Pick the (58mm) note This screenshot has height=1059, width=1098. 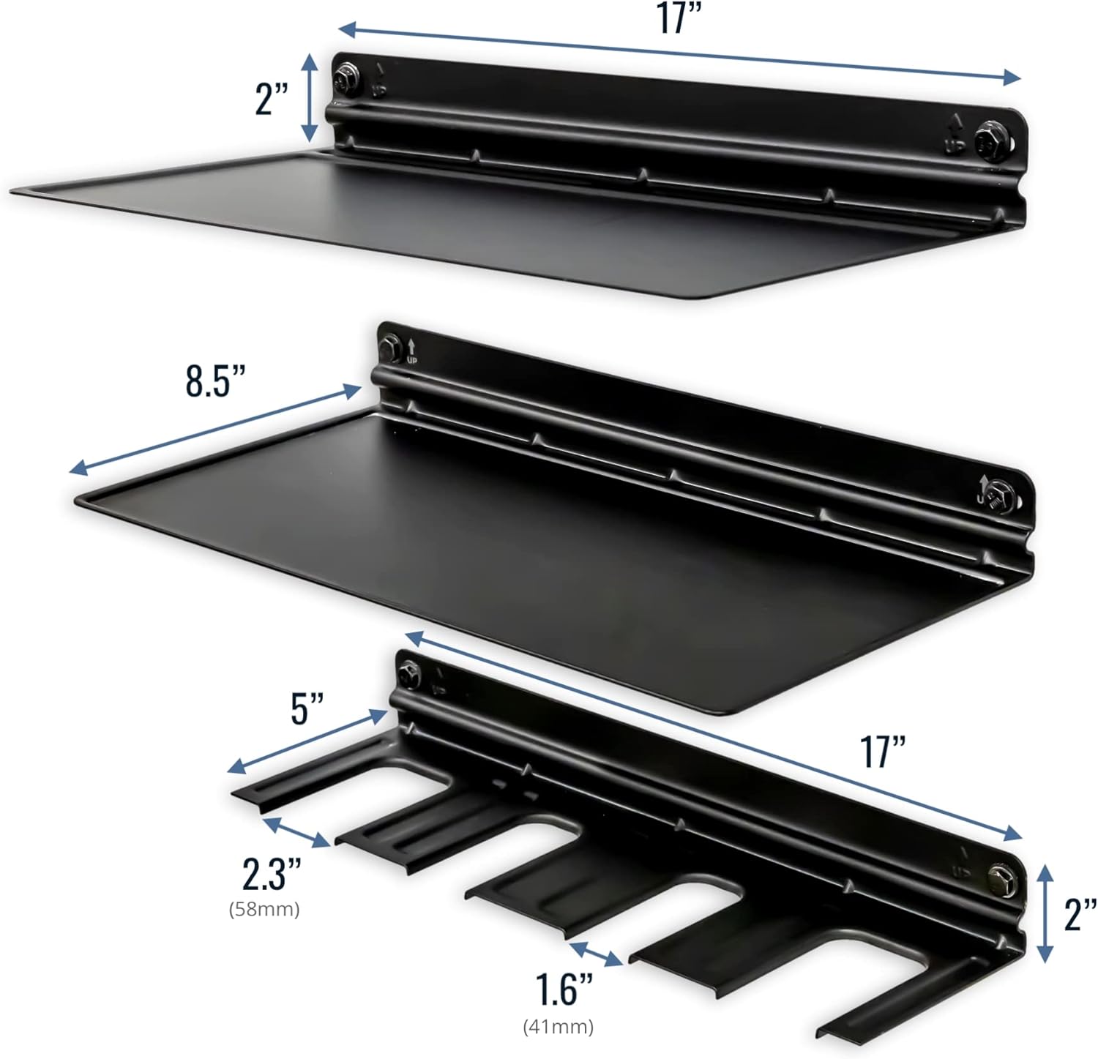click(264, 910)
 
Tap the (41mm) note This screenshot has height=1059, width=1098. click(558, 1027)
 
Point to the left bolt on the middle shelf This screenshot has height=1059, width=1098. click(390, 343)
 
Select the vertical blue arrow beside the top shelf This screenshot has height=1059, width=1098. click(311, 97)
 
